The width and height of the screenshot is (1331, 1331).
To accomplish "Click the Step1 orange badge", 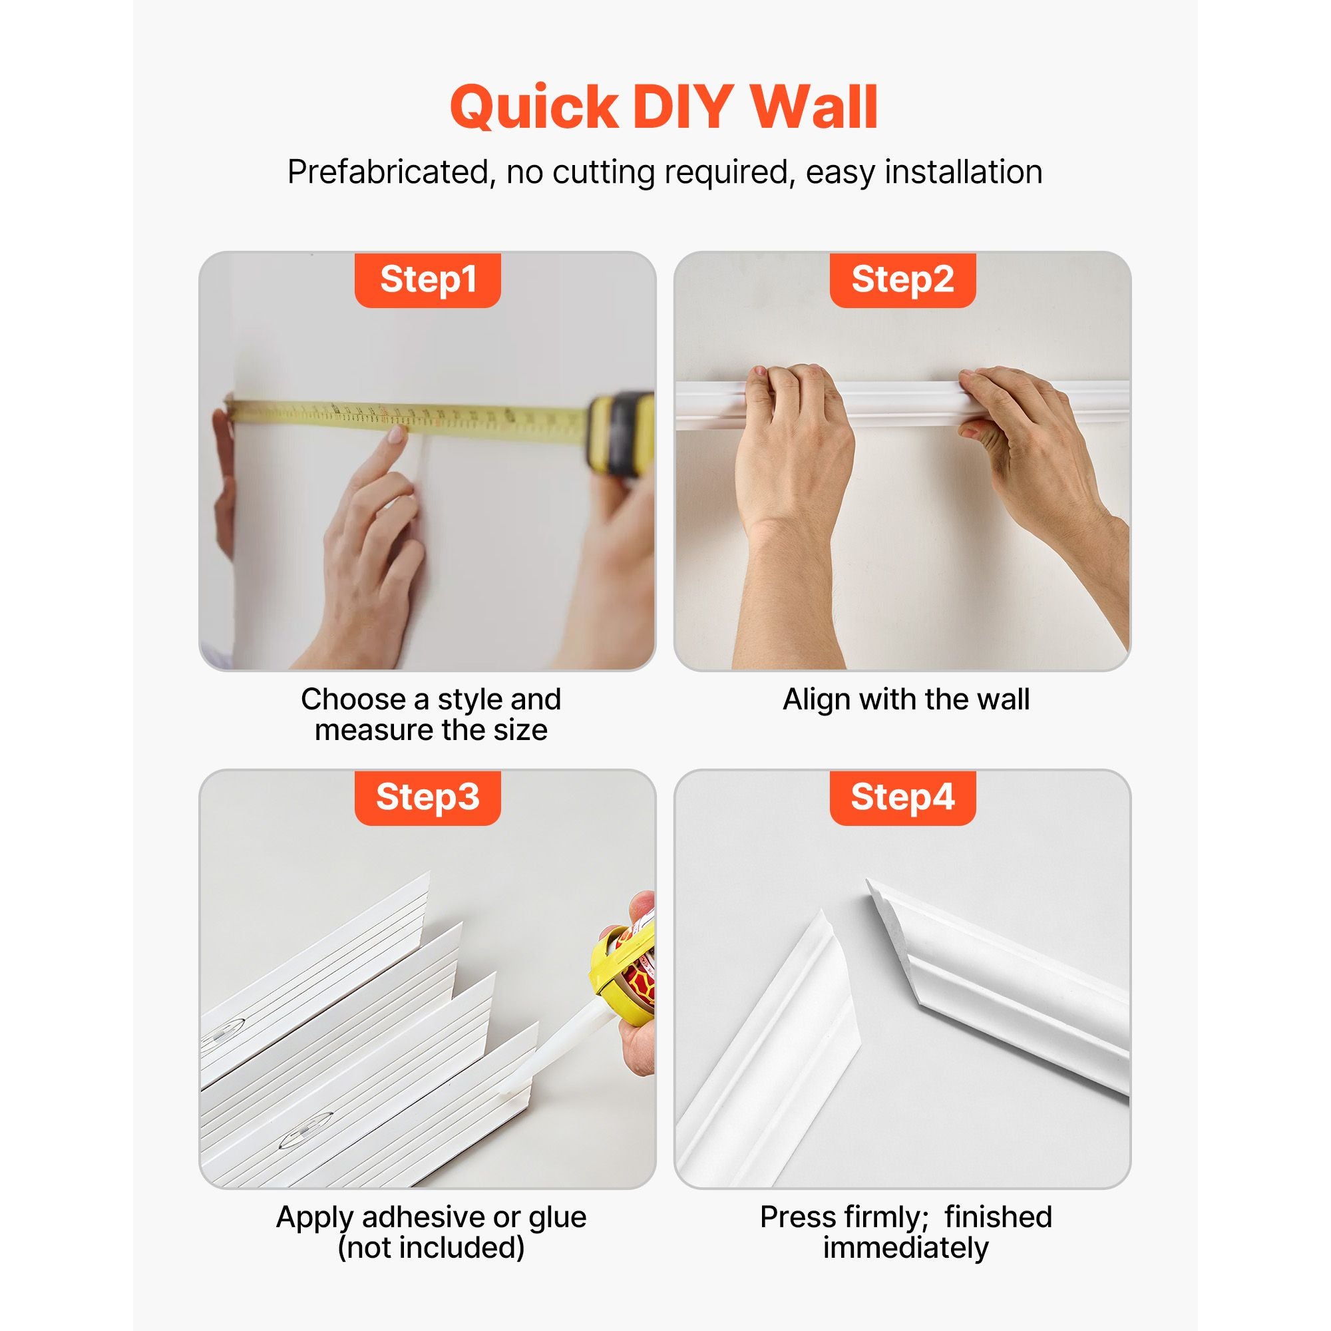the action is click(427, 280).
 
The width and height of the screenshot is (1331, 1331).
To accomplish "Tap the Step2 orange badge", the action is click(902, 280).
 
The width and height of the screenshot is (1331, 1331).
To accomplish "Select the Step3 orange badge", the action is click(427, 797).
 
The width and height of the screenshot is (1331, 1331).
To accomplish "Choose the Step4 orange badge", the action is click(902, 797).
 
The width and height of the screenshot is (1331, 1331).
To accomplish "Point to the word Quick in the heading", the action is click(534, 107).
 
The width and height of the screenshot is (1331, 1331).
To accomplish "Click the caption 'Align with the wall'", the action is click(905, 699).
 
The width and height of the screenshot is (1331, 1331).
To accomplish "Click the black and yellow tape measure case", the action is click(622, 434).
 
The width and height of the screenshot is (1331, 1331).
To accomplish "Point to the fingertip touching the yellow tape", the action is click(397, 434).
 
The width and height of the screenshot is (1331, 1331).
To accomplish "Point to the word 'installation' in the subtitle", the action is click(963, 172).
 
